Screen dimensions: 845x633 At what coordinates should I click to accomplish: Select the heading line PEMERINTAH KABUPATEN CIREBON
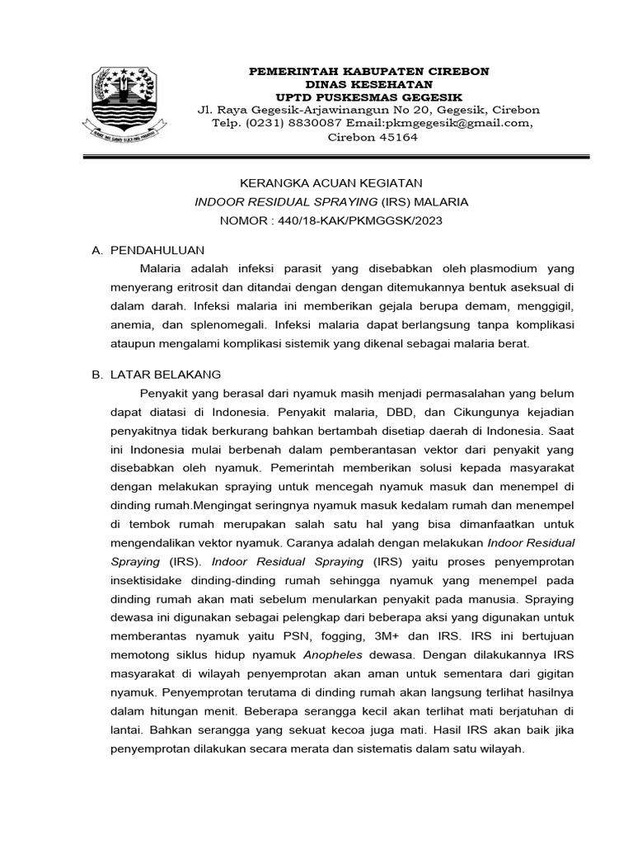[368, 72]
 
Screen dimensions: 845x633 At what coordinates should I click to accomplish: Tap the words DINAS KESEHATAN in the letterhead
[368, 84]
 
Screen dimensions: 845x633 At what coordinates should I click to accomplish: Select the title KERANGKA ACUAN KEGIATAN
[331, 182]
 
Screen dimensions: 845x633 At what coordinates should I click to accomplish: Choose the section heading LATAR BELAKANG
[166, 375]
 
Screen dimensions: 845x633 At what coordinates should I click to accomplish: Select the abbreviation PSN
[297, 636]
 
